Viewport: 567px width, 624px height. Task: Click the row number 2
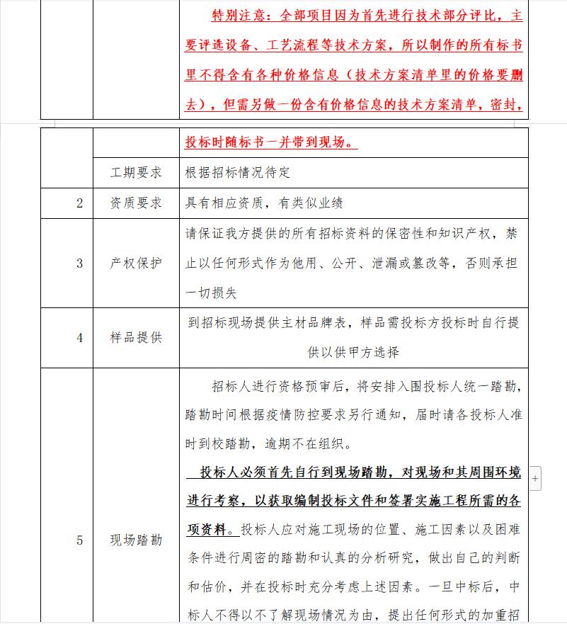click(x=80, y=203)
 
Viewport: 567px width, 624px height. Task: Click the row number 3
click(x=80, y=263)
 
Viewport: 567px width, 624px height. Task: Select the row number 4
click(x=80, y=338)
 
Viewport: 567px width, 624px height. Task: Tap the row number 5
click(x=80, y=540)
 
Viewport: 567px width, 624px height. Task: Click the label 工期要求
click(x=136, y=172)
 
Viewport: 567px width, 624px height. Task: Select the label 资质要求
click(x=136, y=203)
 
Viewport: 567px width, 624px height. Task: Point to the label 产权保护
click(x=136, y=263)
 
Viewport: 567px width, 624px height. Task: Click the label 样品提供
click(x=136, y=338)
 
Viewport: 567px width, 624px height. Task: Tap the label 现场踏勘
click(x=136, y=540)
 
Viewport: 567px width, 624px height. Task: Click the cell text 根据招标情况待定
click(x=238, y=172)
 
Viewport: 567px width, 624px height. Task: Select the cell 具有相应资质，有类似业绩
click(x=264, y=203)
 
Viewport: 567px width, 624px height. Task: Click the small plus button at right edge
click(x=535, y=479)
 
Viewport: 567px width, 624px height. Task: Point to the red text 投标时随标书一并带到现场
click(x=270, y=142)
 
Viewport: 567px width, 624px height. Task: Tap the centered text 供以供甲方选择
click(x=353, y=352)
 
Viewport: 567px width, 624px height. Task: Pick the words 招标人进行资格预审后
click(x=275, y=386)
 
